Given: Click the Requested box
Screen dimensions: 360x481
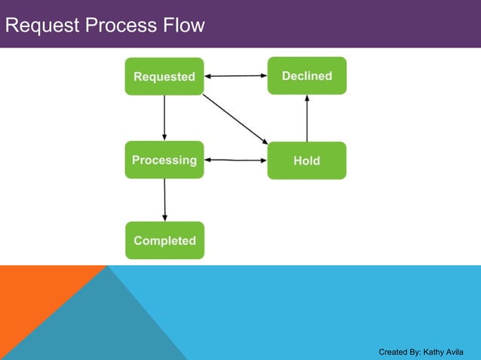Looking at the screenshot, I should click(x=164, y=76).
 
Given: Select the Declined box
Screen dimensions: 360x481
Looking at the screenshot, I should click(x=307, y=76).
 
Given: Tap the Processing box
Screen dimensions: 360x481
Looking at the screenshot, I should click(x=164, y=160).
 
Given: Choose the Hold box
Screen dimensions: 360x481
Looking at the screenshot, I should click(x=307, y=160).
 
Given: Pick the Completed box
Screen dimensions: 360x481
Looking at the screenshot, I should click(x=164, y=240).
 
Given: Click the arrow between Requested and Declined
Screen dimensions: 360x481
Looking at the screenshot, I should click(x=236, y=76).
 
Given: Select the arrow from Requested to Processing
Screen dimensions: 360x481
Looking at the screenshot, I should click(x=164, y=117).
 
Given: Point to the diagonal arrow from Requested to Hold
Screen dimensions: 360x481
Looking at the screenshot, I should click(x=235, y=118).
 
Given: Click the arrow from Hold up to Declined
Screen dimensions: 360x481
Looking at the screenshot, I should click(x=307, y=118).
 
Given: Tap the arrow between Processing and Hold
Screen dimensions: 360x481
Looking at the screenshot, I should click(x=236, y=160).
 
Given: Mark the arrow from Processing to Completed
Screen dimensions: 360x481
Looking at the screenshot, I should click(x=164, y=200).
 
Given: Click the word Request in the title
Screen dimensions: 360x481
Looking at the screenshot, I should click(x=41, y=26).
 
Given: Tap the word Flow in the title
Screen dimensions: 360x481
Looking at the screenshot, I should click(x=182, y=26).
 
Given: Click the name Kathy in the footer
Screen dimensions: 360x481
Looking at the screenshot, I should click(x=435, y=352).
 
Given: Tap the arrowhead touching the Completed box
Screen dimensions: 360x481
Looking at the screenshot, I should click(x=165, y=218).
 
